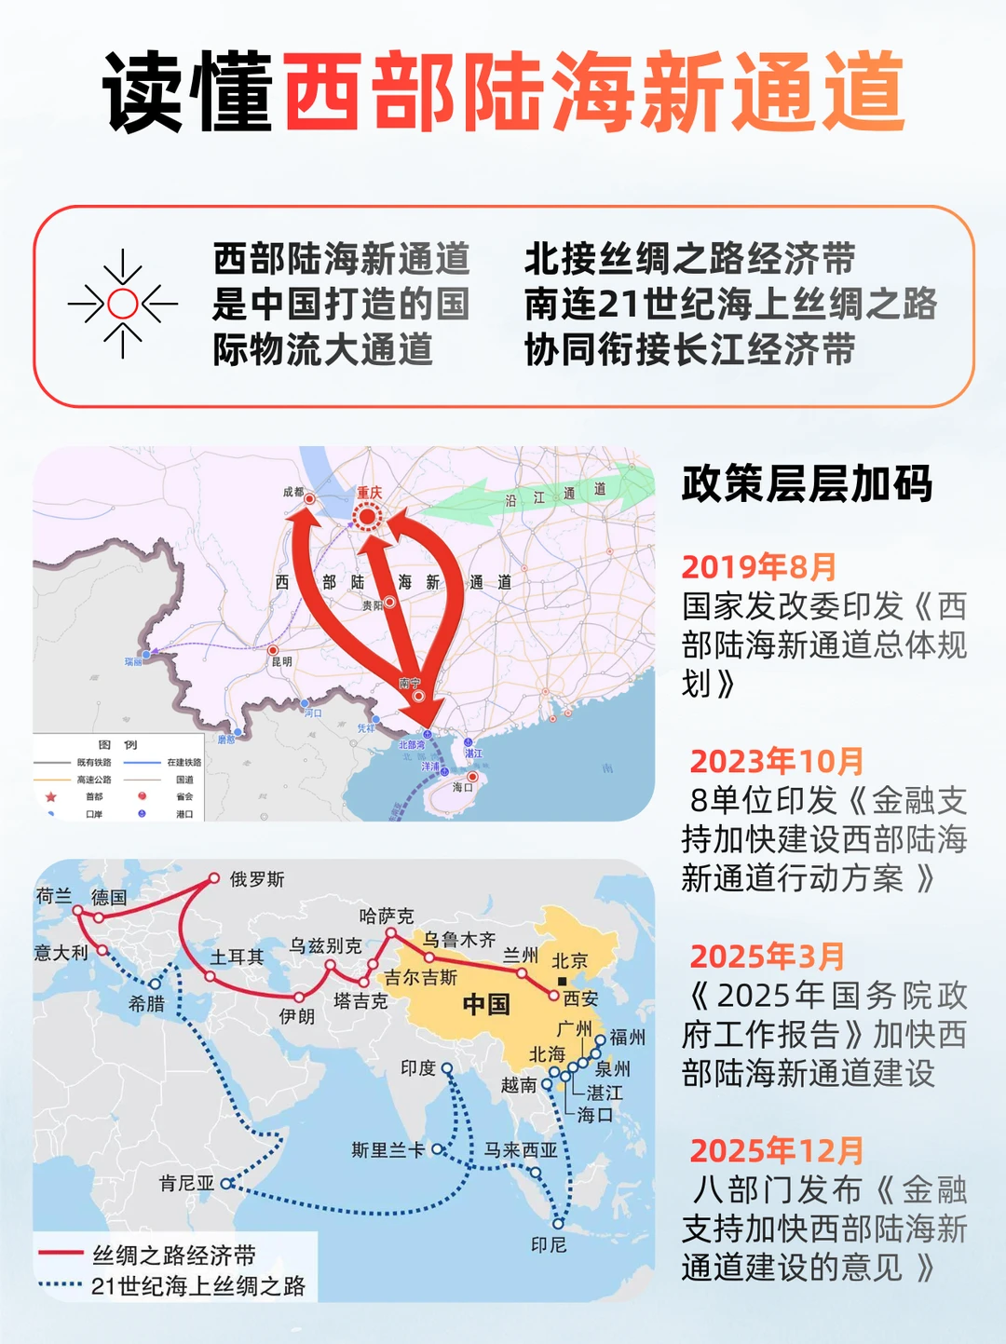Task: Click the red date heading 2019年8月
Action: [x=759, y=567]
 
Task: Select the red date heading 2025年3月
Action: [x=767, y=957]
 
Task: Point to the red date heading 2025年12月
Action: [x=777, y=1151]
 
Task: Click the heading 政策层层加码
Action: [x=807, y=484]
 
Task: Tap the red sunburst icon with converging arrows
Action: [x=122, y=304]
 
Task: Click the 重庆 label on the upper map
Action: [x=370, y=493]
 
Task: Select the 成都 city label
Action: [x=293, y=492]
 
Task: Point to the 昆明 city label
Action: [x=281, y=661]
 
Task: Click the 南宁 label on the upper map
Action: [x=410, y=684]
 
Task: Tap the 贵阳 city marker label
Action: [x=373, y=605]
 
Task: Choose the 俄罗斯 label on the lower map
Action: [x=257, y=879]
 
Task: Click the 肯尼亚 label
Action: [x=186, y=1183]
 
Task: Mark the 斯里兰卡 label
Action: [x=387, y=1150]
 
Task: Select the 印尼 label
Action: [x=549, y=1244]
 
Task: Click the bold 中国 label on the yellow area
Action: [x=486, y=1004]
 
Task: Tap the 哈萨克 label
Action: [x=387, y=916]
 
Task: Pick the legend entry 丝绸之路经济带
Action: [x=174, y=1256]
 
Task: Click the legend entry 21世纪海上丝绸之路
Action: [x=197, y=1286]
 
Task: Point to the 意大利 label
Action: [x=61, y=953]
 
